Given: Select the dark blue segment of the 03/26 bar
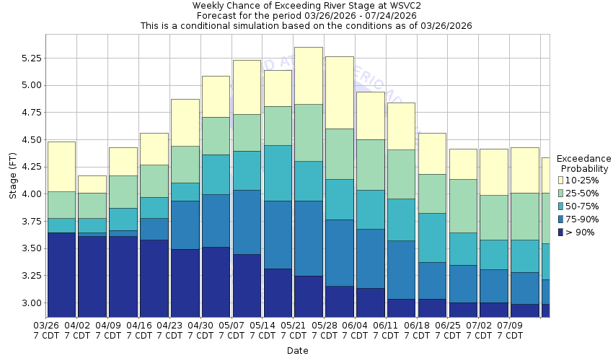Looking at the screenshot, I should (x=61, y=274).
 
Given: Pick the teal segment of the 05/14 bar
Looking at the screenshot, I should (x=278, y=173).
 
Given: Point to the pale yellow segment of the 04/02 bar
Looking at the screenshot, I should (x=92, y=184).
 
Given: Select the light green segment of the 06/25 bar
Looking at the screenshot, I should (x=462, y=206).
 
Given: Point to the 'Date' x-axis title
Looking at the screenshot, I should (x=297, y=351).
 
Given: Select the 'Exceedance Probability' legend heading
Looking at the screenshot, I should (x=584, y=163).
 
